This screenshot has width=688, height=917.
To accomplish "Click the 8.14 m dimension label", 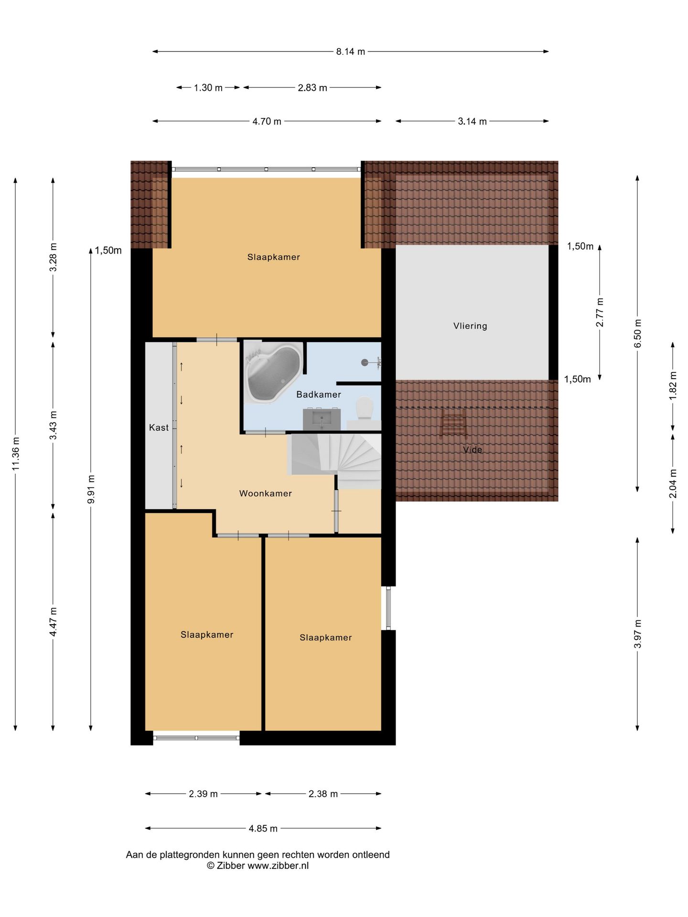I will pyautogui.click(x=350, y=52).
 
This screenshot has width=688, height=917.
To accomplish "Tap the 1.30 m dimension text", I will pyautogui.click(x=208, y=88).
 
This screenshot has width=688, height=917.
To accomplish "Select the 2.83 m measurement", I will pyautogui.click(x=312, y=88).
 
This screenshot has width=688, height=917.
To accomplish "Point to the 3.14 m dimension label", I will pyautogui.click(x=472, y=121).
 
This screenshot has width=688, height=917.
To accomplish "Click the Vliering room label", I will pyautogui.click(x=470, y=326).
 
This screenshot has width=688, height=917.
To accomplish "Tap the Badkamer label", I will pyautogui.click(x=319, y=395).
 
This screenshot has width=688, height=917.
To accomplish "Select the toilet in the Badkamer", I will pyautogui.click(x=365, y=409).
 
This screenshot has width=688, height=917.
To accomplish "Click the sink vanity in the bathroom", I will pyautogui.click(x=322, y=419).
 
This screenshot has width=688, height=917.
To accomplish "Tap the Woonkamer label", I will pyautogui.click(x=266, y=493).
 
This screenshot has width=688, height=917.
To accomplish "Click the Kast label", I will pyautogui.click(x=159, y=427).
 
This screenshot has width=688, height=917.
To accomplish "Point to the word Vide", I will pyautogui.click(x=473, y=449).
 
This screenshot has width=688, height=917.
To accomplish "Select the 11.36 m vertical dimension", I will pyautogui.click(x=16, y=453).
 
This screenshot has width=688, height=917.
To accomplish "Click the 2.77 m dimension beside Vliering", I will pyautogui.click(x=600, y=312).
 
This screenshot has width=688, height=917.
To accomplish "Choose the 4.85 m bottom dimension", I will pyautogui.click(x=263, y=829).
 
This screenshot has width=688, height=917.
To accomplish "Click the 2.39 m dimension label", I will pyautogui.click(x=203, y=794).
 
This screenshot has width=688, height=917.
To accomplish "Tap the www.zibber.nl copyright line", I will pyautogui.click(x=258, y=866).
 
